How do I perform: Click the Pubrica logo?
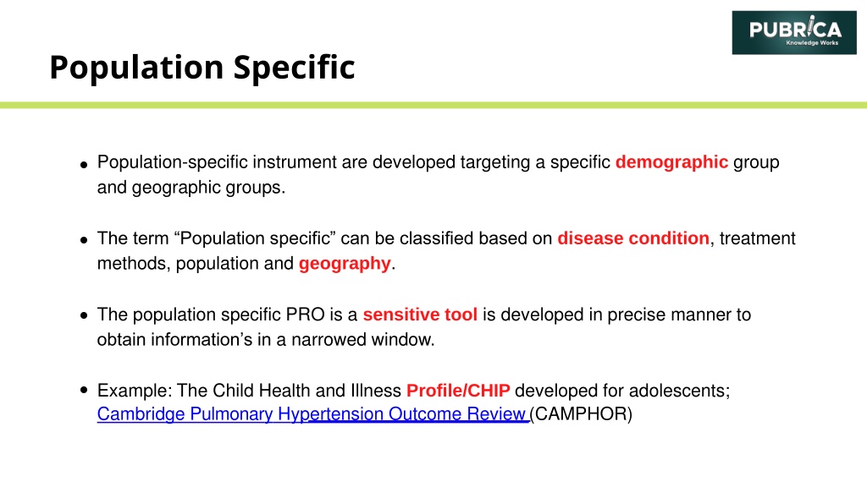tap(794, 33)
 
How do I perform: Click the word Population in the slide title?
tap(136, 68)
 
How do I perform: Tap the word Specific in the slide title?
tap(294, 68)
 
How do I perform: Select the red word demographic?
tap(671, 162)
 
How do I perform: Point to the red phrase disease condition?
tap(633, 238)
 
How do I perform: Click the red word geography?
tap(345, 264)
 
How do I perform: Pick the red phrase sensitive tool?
tap(420, 315)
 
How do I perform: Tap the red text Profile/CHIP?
tap(458, 391)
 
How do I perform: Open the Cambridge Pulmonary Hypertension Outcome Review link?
tap(313, 414)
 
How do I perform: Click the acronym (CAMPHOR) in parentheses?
tap(581, 414)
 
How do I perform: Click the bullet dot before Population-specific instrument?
tap(84, 164)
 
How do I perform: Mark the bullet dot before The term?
tap(84, 239)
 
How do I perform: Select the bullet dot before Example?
tap(84, 391)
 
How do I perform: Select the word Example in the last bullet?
tap(135, 391)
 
